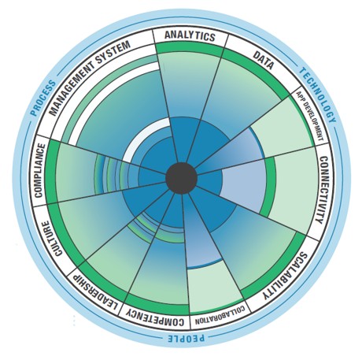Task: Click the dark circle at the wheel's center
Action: tap(181, 178)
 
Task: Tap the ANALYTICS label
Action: tap(190, 36)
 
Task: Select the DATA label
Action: tap(264, 60)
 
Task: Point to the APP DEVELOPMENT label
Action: tap(310, 116)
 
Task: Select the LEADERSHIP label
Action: tap(96, 292)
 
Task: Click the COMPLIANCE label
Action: tap(40, 170)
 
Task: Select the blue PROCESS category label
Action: tap(43, 98)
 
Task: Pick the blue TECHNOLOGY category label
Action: tap(318, 95)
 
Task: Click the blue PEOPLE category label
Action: tap(186, 338)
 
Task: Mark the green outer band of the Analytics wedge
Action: tap(190, 49)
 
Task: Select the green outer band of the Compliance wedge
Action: tap(51, 171)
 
